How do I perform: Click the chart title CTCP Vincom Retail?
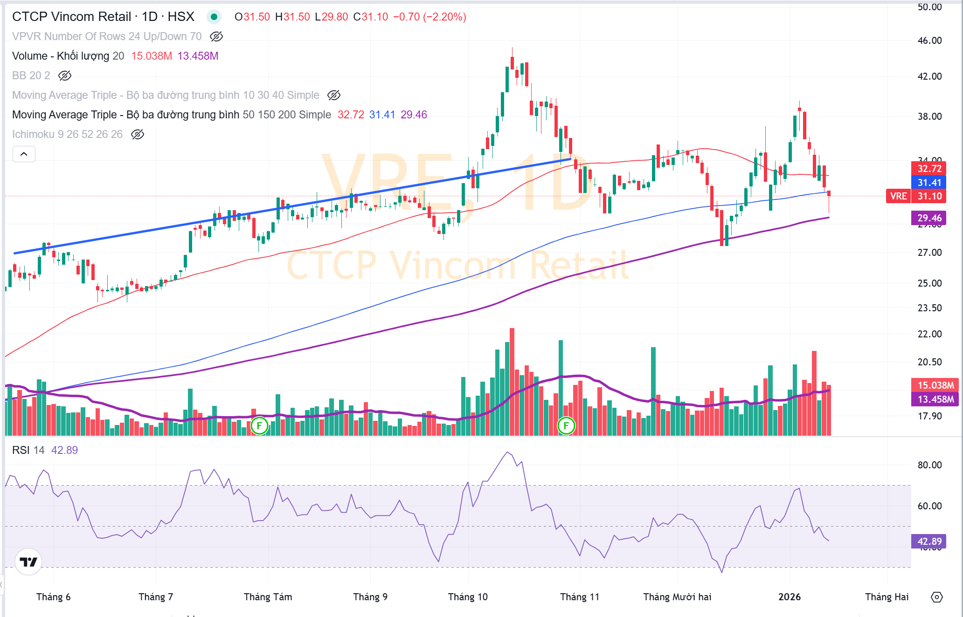pyautogui.click(x=71, y=17)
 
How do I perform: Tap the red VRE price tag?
pyautogui.click(x=898, y=196)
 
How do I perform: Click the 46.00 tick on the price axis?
pyautogui.click(x=929, y=41)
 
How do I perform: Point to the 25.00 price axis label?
pyautogui.click(x=929, y=283)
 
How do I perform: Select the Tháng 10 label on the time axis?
pyautogui.click(x=468, y=597)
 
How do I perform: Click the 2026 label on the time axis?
pyautogui.click(x=790, y=597)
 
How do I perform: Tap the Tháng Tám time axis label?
pyautogui.click(x=268, y=597)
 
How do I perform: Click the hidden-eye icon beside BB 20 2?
pyautogui.click(x=65, y=75)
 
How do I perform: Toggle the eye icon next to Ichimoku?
pyautogui.click(x=138, y=134)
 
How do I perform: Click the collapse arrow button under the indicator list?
pyautogui.click(x=24, y=154)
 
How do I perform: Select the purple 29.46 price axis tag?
pyautogui.click(x=929, y=218)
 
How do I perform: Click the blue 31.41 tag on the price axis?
pyautogui.click(x=929, y=183)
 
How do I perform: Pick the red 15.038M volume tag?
pyautogui.click(x=935, y=385)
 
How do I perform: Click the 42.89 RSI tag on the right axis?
pyautogui.click(x=929, y=542)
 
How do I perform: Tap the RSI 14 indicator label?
pyautogui.click(x=28, y=450)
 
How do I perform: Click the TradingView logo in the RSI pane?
pyautogui.click(x=28, y=562)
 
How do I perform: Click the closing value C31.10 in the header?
pyautogui.click(x=371, y=17)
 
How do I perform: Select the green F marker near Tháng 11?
pyautogui.click(x=566, y=425)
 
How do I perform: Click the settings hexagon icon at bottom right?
pyautogui.click(x=936, y=597)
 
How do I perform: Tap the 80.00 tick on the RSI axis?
pyautogui.click(x=929, y=465)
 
